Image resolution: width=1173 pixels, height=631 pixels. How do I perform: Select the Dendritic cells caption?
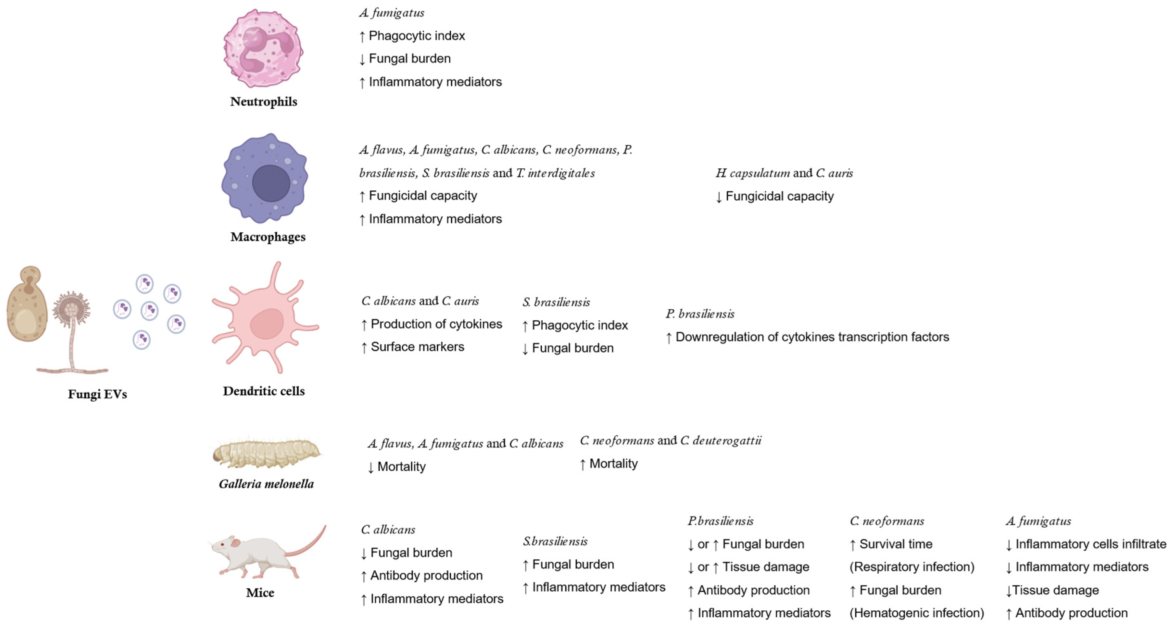click(x=264, y=391)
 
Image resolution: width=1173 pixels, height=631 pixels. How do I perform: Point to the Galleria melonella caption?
click(x=266, y=484)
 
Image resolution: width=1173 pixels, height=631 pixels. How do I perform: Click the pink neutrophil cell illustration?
click(x=263, y=48)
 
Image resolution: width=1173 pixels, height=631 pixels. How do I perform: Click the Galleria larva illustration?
click(x=266, y=454)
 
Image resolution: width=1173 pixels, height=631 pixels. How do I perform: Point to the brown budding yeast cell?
click(x=26, y=305)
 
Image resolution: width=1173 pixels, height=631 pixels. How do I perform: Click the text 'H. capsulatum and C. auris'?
click(x=784, y=173)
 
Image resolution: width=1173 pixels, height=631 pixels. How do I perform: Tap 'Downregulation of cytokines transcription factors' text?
click(x=812, y=337)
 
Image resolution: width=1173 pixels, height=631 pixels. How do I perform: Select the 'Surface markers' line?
click(x=417, y=347)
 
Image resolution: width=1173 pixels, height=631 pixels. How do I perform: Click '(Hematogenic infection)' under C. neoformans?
click(x=917, y=613)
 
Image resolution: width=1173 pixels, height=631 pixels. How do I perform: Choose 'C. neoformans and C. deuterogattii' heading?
click(x=670, y=440)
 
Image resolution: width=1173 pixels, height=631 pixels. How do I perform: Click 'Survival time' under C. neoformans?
click(x=895, y=544)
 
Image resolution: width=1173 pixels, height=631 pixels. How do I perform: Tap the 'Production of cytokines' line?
click(x=436, y=324)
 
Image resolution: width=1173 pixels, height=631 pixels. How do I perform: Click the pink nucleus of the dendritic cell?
click(x=266, y=324)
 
